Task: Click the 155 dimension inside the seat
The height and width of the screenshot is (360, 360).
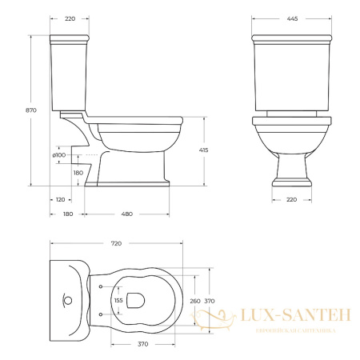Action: [119, 301]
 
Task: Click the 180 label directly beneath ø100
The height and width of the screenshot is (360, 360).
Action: [78, 172]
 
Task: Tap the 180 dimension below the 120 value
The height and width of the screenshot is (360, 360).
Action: [67, 213]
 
